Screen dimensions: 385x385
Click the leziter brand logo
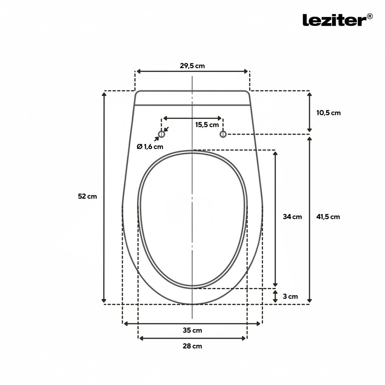(337, 20)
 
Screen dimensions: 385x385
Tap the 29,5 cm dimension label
(192, 66)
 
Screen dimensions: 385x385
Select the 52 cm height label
(87, 196)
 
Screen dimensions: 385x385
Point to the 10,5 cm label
(328, 113)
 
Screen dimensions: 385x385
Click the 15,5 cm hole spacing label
(207, 125)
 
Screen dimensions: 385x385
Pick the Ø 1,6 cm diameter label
(150, 147)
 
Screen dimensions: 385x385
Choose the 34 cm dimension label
(292, 217)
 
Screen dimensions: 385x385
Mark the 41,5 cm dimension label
(328, 217)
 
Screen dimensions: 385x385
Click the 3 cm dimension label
(290, 296)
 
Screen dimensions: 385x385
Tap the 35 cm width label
(192, 330)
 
